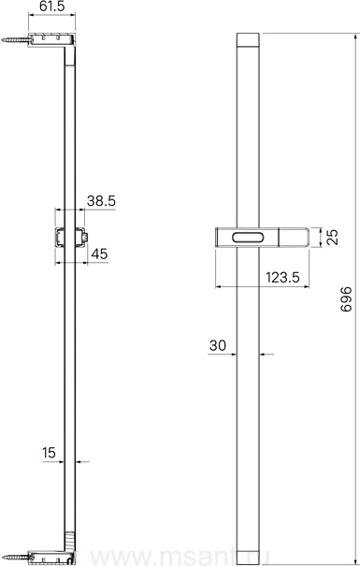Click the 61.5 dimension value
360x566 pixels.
pyautogui.click(x=51, y=7)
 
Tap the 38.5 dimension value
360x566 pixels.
pyautogui.click(x=101, y=201)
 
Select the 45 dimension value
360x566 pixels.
pyautogui.click(x=99, y=254)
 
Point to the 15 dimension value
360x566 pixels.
pyautogui.click(x=49, y=453)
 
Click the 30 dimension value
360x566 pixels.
pyautogui.click(x=218, y=345)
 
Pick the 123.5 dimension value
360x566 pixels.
pyautogui.click(x=282, y=278)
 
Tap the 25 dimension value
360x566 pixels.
pyautogui.click(x=333, y=237)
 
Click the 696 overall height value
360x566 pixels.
pyautogui.click(x=346, y=298)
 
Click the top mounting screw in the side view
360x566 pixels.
pyautogui.click(x=14, y=40)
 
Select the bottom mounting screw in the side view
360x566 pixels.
pyautogui.click(x=14, y=557)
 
